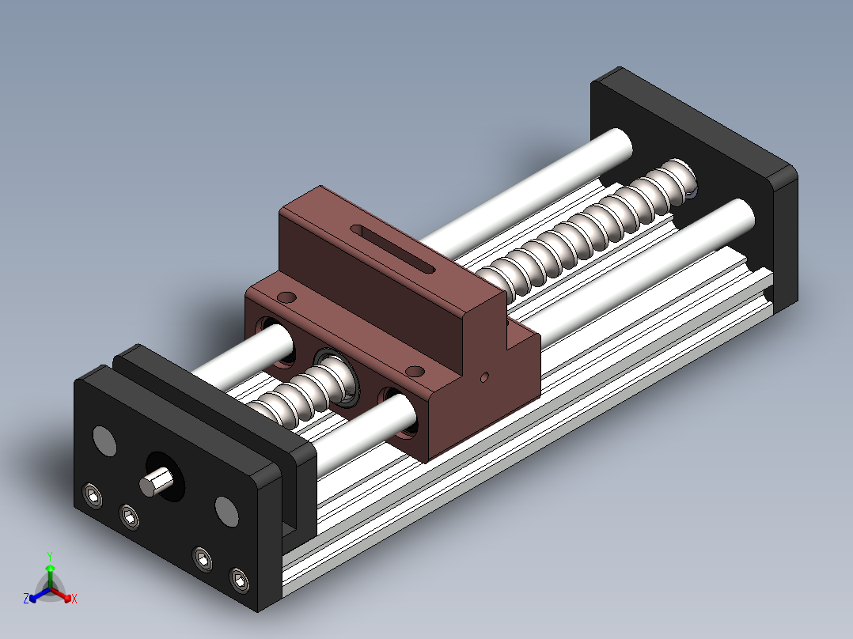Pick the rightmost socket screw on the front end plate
click(x=240, y=581)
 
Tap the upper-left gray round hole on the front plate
click(x=104, y=440)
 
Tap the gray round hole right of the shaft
click(x=227, y=511)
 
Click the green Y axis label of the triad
click(x=49, y=556)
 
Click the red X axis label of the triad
click(x=74, y=599)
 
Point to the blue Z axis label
click(x=25, y=599)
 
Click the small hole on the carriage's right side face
click(x=485, y=377)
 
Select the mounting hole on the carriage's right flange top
click(x=415, y=371)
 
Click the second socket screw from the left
click(x=129, y=517)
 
